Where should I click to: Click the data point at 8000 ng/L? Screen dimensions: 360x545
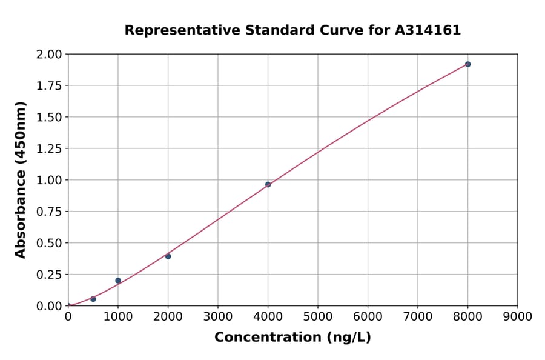[x=467, y=64]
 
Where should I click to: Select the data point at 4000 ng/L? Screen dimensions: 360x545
[x=268, y=184]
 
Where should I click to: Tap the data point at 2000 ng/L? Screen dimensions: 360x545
[x=168, y=256]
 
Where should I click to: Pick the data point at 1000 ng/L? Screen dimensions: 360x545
[x=118, y=281]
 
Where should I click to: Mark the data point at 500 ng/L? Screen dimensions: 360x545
[x=93, y=299]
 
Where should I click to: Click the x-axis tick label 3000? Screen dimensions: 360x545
[x=218, y=317]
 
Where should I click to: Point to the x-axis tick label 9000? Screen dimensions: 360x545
[x=517, y=317]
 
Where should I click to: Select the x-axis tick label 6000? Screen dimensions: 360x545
[x=368, y=317]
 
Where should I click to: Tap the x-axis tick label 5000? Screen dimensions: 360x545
[x=318, y=317]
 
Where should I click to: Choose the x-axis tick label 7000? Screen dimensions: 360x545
[x=417, y=317]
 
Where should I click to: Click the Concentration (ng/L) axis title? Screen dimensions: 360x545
[x=292, y=338]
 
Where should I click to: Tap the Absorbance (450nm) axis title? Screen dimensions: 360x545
[x=21, y=180]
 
